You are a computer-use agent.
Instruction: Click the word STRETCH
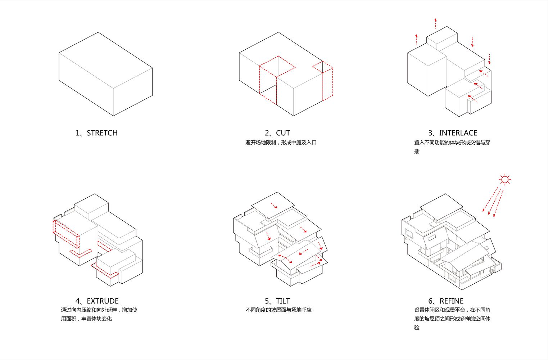(x=102, y=133)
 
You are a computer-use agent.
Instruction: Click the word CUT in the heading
(x=283, y=133)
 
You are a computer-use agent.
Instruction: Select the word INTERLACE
(x=458, y=133)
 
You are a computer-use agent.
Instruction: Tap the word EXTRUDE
(x=103, y=301)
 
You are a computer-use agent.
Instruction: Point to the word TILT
(x=283, y=301)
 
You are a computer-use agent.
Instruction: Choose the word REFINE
(x=451, y=301)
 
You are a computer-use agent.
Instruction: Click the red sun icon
(x=505, y=180)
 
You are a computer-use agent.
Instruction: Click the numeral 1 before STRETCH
(x=78, y=133)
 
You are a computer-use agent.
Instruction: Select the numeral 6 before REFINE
(x=431, y=301)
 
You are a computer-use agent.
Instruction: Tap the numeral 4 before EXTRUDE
(x=78, y=301)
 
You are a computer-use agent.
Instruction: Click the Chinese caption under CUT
(x=281, y=143)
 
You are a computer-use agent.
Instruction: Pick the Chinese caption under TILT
(x=278, y=310)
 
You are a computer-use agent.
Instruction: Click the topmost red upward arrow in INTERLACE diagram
(x=435, y=23)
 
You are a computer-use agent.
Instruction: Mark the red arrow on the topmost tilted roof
(x=274, y=205)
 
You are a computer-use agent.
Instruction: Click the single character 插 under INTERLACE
(x=417, y=152)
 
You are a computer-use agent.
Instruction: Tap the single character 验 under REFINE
(x=417, y=328)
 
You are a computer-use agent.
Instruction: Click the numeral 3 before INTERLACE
(x=431, y=133)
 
